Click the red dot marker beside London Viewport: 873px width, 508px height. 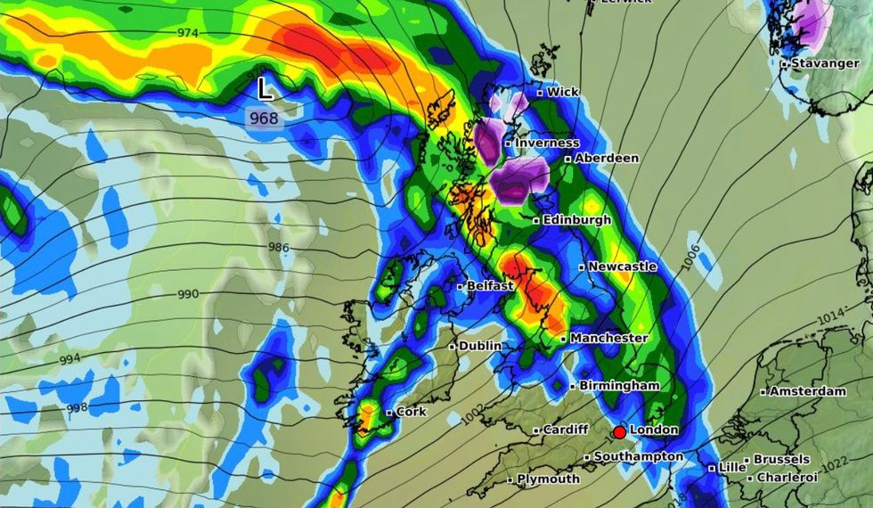[619, 432]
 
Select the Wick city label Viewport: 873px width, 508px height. [562, 92]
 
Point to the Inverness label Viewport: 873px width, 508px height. [547, 143]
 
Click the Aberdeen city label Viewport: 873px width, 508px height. [607, 158]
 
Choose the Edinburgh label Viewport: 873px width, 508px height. [577, 219]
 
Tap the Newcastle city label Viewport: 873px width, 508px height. [623, 266]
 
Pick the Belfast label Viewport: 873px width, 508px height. [490, 286]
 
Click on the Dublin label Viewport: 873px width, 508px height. [480, 346]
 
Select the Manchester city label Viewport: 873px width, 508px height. [608, 339]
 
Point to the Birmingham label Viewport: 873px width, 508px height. [619, 386]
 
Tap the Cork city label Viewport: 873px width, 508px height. [411, 412]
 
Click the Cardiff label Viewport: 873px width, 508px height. [566, 430]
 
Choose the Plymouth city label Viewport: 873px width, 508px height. [549, 479]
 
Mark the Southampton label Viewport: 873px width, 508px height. [638, 457]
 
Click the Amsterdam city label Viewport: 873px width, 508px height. [807, 391]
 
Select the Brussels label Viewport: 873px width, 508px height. [781, 460]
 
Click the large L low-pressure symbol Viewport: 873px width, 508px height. [265, 89]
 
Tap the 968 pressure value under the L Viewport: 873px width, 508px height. [264, 118]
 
